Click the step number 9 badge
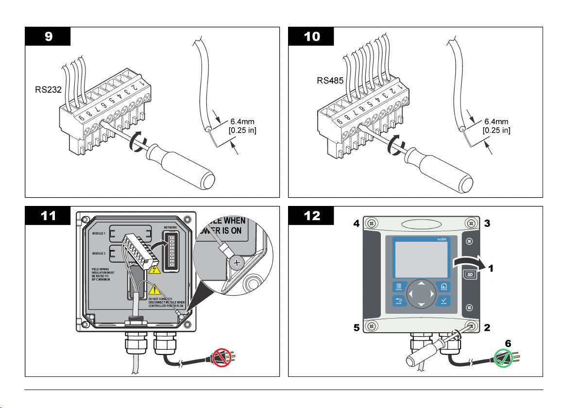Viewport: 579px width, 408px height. point(48,36)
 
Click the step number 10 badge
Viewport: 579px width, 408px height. point(311,36)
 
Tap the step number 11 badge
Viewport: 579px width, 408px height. point(48,216)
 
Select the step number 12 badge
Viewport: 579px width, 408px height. point(311,216)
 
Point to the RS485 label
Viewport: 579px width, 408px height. point(326,82)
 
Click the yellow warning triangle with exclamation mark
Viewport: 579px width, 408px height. point(158,289)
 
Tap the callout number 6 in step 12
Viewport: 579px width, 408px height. point(508,343)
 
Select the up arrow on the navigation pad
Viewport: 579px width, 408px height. point(421,283)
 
